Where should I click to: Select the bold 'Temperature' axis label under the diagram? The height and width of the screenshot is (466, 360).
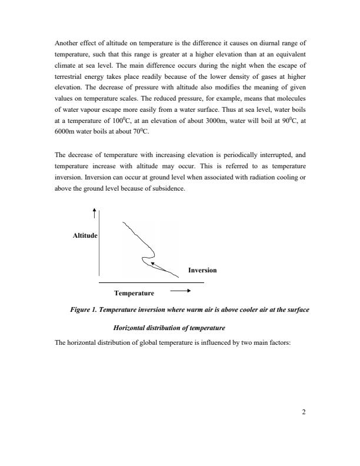click(134, 292)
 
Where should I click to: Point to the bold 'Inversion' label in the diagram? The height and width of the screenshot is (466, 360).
click(202, 270)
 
